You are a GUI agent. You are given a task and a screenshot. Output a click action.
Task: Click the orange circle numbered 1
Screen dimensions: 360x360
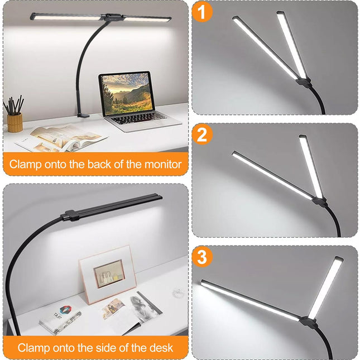point(201,12)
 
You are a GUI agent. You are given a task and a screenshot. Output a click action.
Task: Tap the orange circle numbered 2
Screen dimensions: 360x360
point(202,135)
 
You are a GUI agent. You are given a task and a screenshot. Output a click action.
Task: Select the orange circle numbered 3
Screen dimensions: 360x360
point(202,257)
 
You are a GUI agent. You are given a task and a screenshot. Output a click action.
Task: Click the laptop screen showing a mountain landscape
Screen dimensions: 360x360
point(126,92)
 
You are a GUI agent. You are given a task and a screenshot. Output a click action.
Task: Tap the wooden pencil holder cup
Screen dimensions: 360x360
point(15,122)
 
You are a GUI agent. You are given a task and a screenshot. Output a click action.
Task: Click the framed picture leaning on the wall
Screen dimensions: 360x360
point(108,274)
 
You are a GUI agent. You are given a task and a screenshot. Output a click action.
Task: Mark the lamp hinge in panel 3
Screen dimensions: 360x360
point(306,321)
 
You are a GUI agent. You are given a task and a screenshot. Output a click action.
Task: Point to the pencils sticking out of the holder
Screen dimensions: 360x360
point(14,105)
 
